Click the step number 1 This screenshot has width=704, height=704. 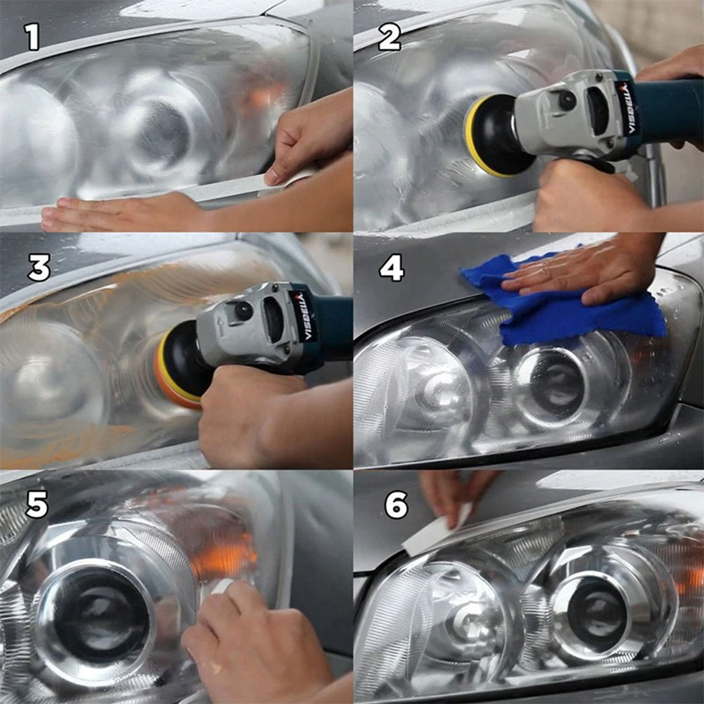[x=32, y=37]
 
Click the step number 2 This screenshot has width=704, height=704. [x=389, y=37]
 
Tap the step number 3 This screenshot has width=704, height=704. [x=38, y=268]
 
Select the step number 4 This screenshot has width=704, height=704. [x=391, y=268]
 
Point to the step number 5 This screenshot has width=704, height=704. [x=36, y=505]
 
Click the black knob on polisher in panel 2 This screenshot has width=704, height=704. [x=567, y=101]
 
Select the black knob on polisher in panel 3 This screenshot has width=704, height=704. [x=243, y=311]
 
